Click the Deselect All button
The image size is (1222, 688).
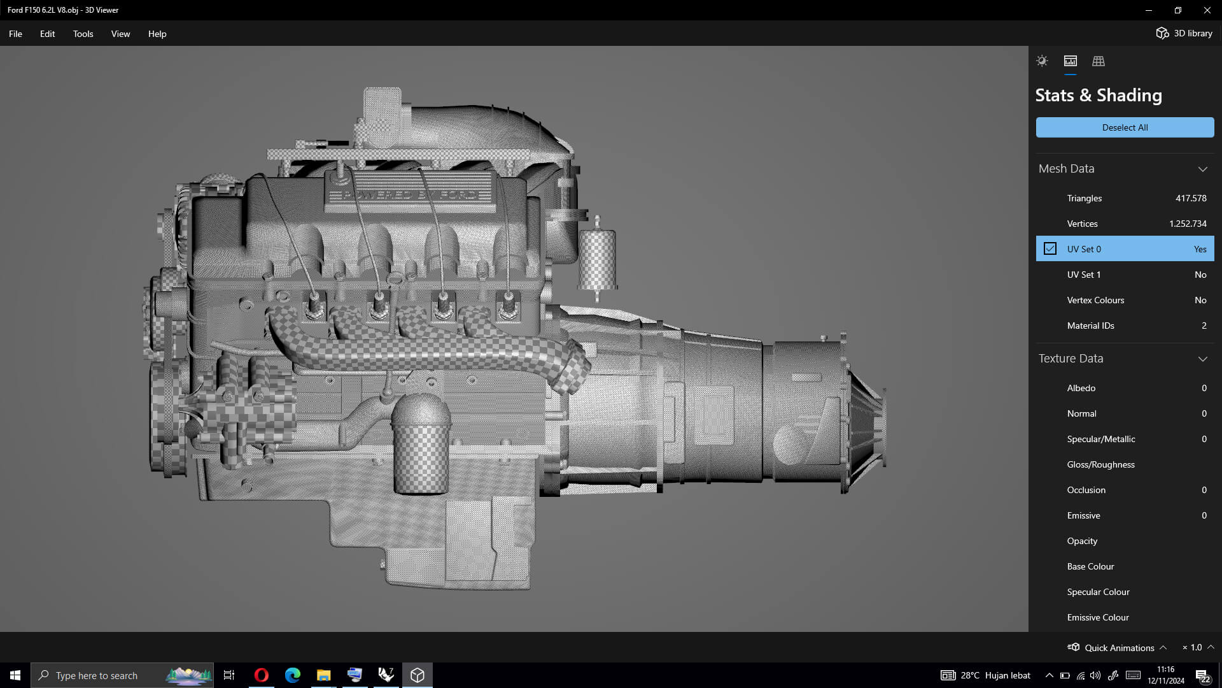point(1125,127)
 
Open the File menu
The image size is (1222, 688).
point(15,34)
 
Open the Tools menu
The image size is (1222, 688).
point(83,34)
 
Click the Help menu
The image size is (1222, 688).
point(157,34)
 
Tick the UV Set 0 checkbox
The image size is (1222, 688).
point(1050,249)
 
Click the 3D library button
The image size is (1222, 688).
point(1184,33)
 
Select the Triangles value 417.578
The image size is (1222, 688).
point(1190,198)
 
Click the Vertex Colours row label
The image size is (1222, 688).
point(1095,300)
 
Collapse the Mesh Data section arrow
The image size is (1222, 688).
point(1202,169)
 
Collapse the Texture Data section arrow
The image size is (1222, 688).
point(1202,359)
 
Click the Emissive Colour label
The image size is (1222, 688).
point(1098,617)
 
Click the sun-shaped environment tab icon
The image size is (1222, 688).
point(1042,61)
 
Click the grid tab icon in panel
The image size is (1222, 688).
point(1099,61)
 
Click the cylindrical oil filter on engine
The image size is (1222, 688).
point(419,446)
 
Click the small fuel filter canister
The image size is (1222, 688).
point(597,258)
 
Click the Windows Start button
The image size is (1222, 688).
point(15,675)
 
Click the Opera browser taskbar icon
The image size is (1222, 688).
point(261,675)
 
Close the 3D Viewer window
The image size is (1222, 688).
point(1207,10)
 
